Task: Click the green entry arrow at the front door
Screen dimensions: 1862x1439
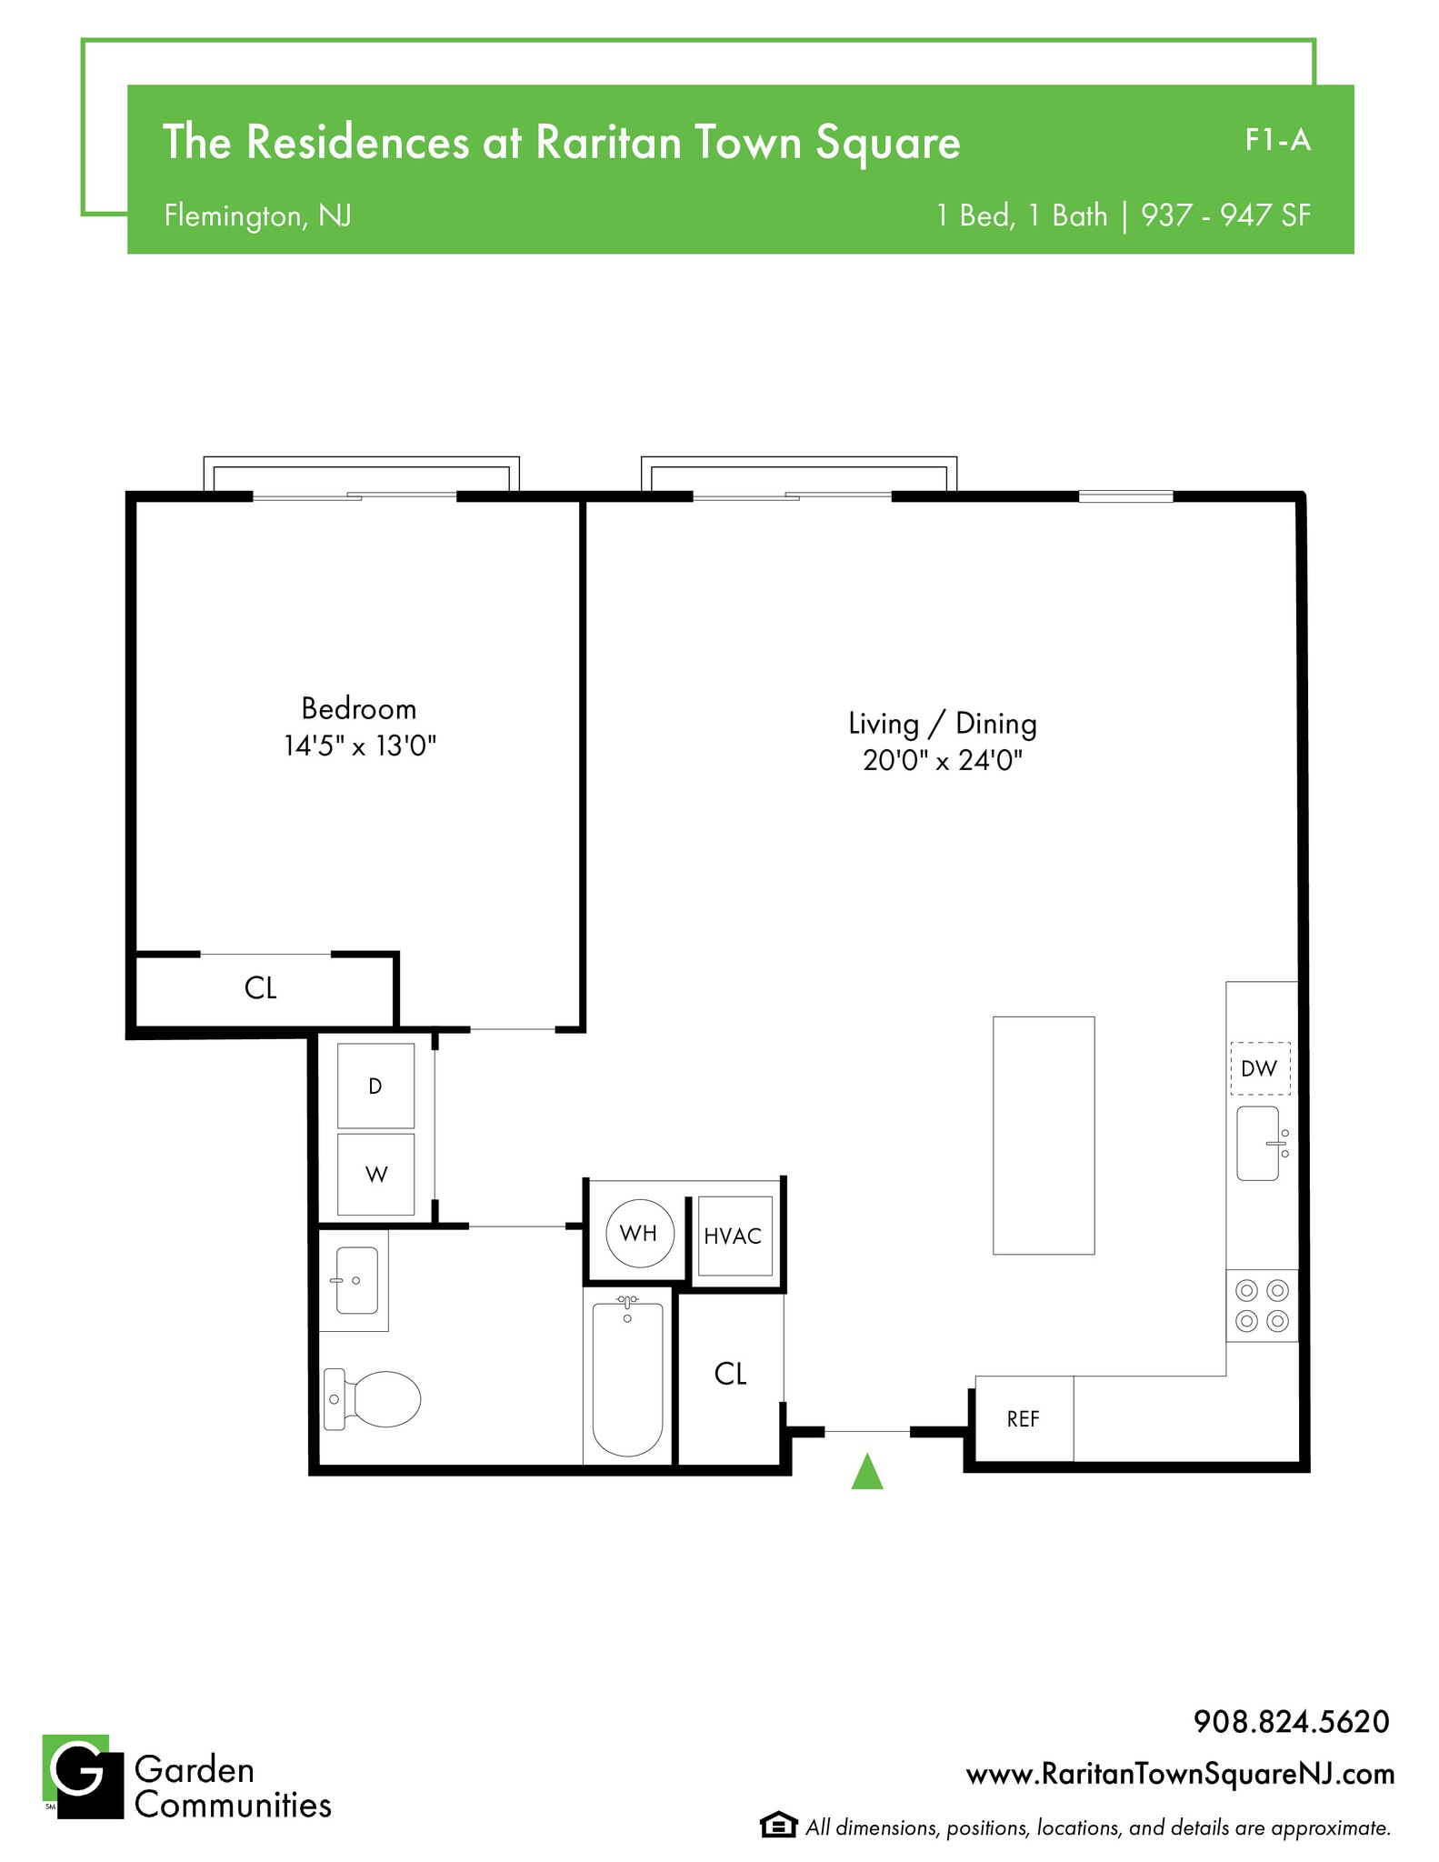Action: [866, 1472]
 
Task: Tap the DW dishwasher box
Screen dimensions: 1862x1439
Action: [1259, 1068]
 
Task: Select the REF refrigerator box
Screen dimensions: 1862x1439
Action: [1023, 1419]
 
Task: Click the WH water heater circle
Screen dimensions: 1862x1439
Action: [639, 1233]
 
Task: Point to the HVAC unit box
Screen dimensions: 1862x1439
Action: [734, 1236]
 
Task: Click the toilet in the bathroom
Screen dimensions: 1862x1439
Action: [374, 1399]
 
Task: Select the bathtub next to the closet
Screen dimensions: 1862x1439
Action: [627, 1378]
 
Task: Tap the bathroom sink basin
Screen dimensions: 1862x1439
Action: [356, 1280]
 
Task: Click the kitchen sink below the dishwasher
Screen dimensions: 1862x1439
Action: [1259, 1143]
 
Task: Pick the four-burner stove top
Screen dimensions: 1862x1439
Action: [1262, 1306]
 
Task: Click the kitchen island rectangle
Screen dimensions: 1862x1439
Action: [1043, 1136]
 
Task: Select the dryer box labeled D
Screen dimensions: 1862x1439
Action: [375, 1086]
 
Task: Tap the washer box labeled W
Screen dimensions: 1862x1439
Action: [375, 1174]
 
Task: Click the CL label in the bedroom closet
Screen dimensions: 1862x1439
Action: [261, 988]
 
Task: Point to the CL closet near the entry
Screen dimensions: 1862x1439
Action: [730, 1374]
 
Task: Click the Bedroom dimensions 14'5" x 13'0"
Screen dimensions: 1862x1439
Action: [360, 746]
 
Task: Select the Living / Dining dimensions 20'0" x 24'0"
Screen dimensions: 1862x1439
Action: [943, 760]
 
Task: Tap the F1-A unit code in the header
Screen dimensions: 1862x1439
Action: [1277, 140]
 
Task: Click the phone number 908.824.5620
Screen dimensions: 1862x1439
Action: [1291, 1722]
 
